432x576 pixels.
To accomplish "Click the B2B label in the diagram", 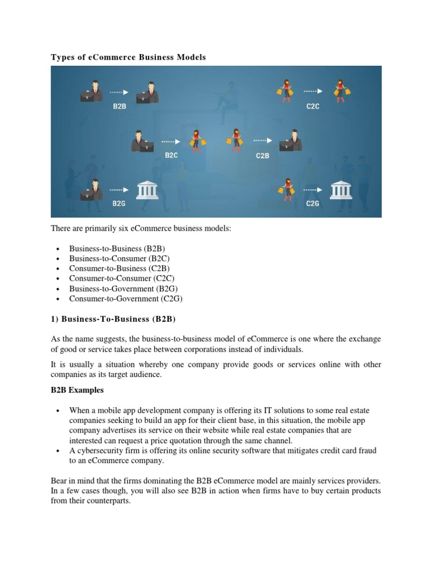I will (119, 105).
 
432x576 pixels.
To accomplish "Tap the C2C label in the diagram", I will (313, 106).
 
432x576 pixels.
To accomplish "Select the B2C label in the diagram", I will (171, 155).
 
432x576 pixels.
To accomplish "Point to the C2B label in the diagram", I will (263, 155).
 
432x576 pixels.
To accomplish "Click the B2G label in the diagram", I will (119, 204).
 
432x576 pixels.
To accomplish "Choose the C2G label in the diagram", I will (313, 204).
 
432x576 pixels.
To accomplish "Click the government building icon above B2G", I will (147, 191).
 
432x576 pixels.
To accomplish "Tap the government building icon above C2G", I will (341, 191).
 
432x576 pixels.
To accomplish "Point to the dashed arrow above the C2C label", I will (313, 90).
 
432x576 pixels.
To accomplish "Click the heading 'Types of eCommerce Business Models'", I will (129, 57).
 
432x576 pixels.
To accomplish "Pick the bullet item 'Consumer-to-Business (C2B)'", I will (119, 268).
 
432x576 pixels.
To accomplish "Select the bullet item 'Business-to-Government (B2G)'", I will (123, 289).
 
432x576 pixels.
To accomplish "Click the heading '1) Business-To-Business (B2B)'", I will (113, 319).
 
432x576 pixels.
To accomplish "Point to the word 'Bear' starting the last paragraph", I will (60, 481).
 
